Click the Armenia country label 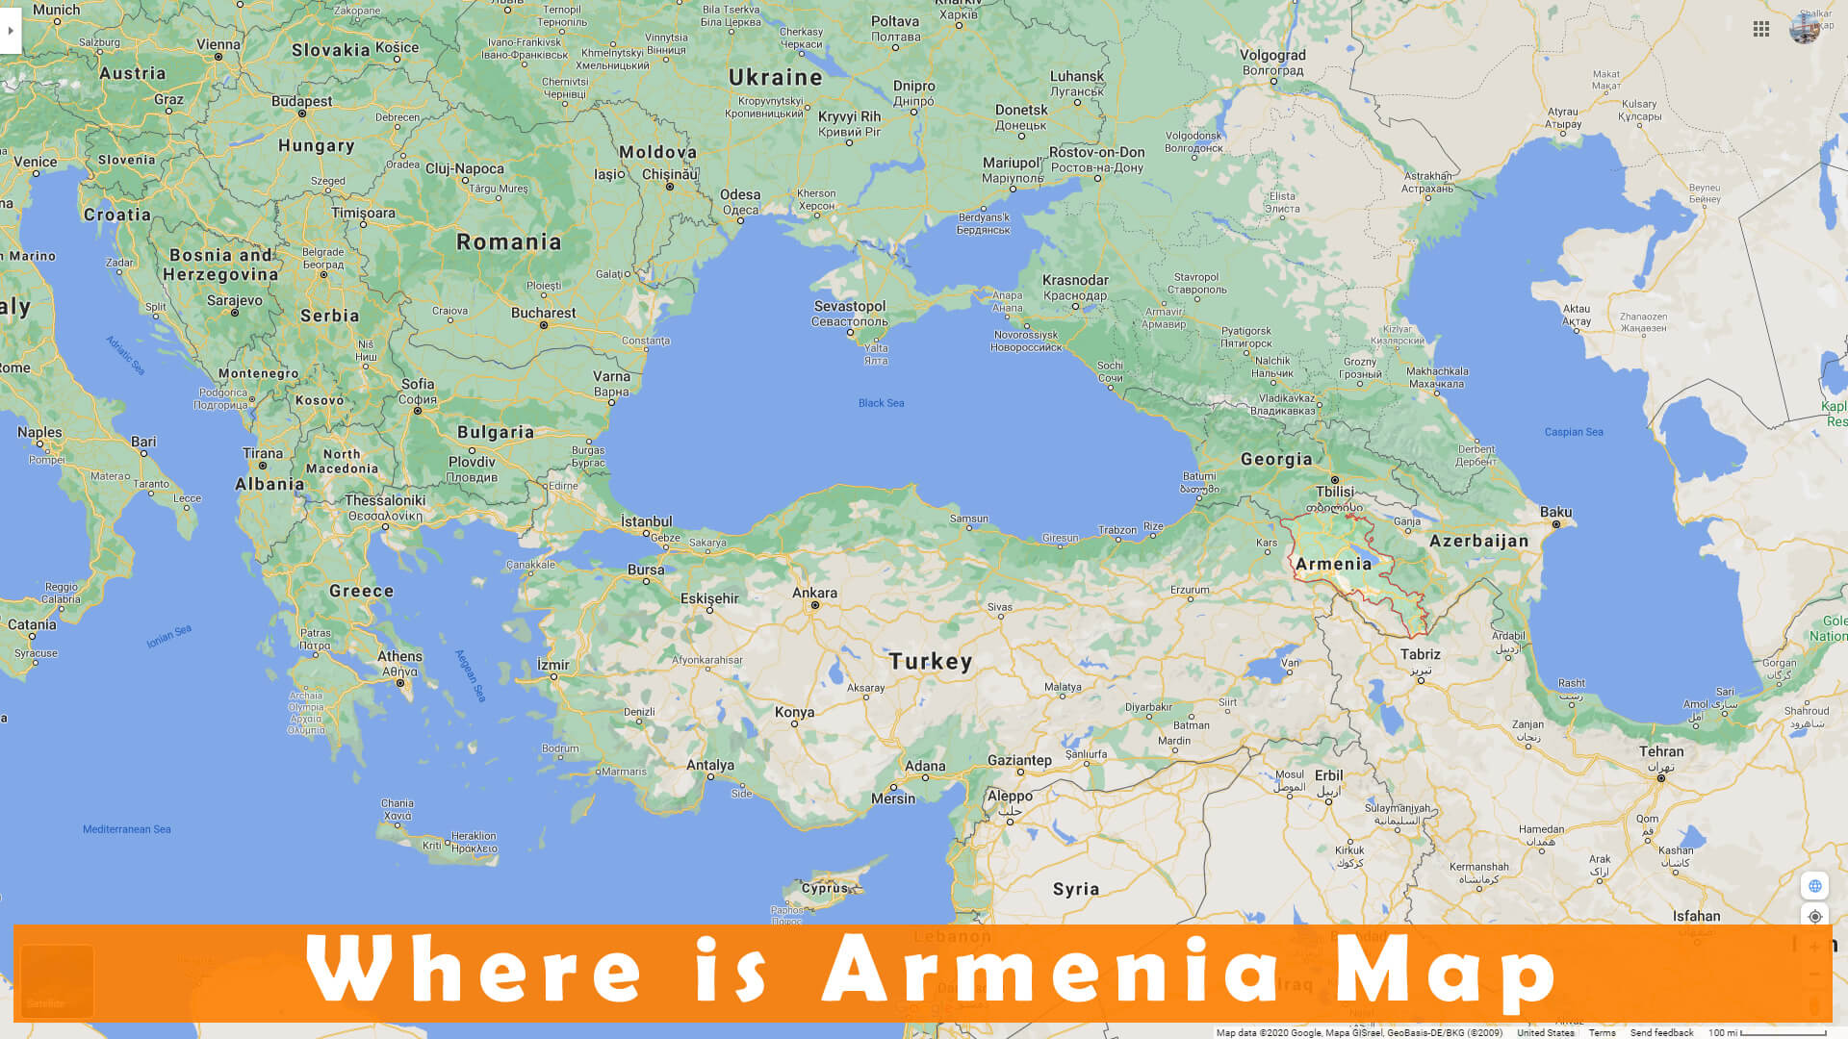coord(1333,564)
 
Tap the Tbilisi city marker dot coord(1335,479)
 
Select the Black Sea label coord(881,403)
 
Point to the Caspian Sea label coord(1574,432)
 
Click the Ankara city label coord(814,593)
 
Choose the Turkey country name coord(930,661)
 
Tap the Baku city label coord(1555,512)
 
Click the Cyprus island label coord(825,888)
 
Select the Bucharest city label coord(543,313)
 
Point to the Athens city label coord(399,656)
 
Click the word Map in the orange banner coord(1445,972)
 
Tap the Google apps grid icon coord(1761,30)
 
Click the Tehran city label coord(1661,751)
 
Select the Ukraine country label coord(775,77)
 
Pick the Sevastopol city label coord(849,306)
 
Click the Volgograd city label coord(1272,55)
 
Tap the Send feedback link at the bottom coord(1661,1032)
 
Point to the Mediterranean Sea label coord(126,829)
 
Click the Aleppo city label coord(1010,796)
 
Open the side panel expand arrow coord(11,31)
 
